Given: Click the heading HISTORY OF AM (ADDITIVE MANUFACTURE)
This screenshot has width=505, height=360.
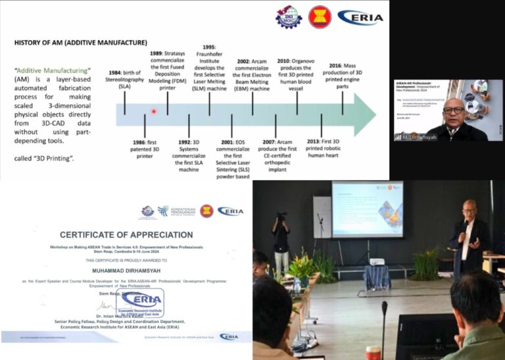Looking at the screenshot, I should (80, 43).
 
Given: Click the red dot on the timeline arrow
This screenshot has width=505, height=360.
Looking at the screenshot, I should (154, 111).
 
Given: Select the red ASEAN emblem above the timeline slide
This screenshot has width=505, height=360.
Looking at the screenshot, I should (320, 16).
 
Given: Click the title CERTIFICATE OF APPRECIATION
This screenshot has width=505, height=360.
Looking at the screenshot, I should (126, 235).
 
